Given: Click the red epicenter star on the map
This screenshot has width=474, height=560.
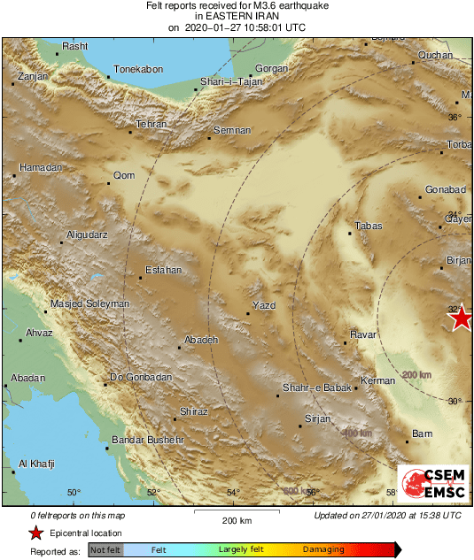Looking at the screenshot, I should tap(460, 318).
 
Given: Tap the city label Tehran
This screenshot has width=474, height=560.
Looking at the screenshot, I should tap(152, 125).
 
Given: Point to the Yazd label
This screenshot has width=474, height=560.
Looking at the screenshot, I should tap(265, 305).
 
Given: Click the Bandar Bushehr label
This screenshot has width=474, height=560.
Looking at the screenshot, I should tap(146, 440).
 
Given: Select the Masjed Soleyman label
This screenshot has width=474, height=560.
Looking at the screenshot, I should tap(89, 303).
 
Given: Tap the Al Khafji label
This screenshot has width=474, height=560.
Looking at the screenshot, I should tap(36, 464).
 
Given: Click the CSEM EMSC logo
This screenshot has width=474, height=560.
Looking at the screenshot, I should tap(431, 483).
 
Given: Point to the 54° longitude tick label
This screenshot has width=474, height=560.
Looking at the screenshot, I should tap(233, 493).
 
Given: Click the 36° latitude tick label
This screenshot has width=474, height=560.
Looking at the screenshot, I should tap(454, 117).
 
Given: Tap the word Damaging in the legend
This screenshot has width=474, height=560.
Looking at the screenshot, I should tap(324, 549).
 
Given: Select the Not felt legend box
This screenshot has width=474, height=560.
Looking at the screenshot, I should tap(105, 549).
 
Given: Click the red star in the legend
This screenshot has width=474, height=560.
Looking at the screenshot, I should tap(35, 533).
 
